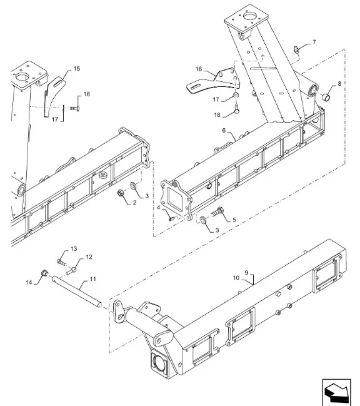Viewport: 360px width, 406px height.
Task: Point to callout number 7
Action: pyautogui.click(x=314, y=42)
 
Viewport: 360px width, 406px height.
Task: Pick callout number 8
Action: pyautogui.click(x=339, y=83)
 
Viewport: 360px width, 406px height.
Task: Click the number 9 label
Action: pyautogui.click(x=247, y=273)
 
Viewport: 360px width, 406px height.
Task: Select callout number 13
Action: pyautogui.click(x=73, y=248)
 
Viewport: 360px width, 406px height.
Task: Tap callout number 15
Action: pyautogui.click(x=77, y=68)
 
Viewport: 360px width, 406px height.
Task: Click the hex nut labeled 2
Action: pyautogui.click(x=121, y=193)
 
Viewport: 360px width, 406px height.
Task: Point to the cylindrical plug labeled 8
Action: pyautogui.click(x=326, y=96)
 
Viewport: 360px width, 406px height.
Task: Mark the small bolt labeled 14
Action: pyautogui.click(x=44, y=273)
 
